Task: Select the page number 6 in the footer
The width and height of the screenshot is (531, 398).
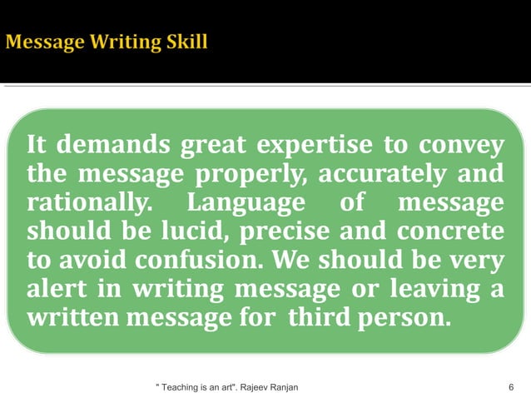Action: (x=510, y=387)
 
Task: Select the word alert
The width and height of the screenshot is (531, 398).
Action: (x=57, y=289)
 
